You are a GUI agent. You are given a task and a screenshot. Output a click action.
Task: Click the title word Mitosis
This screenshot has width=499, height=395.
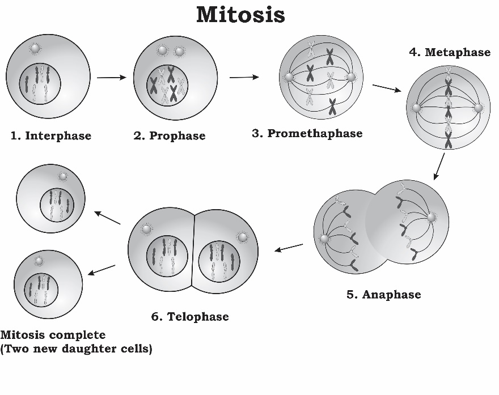240,15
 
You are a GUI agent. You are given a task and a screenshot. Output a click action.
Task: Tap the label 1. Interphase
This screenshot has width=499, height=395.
51,136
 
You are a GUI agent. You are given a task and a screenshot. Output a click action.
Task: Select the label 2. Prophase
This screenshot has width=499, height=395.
170,136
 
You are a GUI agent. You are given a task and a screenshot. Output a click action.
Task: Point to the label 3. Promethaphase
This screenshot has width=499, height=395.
307,134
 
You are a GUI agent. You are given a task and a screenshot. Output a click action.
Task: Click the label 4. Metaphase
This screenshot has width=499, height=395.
450,52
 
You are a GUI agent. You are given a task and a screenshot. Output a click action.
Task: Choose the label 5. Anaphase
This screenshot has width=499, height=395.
384,295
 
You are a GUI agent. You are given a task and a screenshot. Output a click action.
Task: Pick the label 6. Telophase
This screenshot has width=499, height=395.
190,317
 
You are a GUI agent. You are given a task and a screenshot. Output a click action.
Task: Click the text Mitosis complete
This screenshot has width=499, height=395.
53,335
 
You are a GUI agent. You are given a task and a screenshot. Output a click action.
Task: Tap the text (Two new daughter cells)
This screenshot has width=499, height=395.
77,349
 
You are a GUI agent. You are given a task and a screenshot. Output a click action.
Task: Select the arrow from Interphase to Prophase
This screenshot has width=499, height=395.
111,77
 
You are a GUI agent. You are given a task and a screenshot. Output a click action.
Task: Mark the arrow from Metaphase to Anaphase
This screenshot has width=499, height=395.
438,167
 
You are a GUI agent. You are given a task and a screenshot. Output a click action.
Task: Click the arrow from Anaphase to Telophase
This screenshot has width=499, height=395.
289,248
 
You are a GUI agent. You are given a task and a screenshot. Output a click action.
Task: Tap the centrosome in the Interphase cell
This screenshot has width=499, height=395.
35,49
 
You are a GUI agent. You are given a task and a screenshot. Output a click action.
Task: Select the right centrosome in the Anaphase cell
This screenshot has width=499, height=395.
432,218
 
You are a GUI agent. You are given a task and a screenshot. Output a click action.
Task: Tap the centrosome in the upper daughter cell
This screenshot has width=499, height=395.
62,176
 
